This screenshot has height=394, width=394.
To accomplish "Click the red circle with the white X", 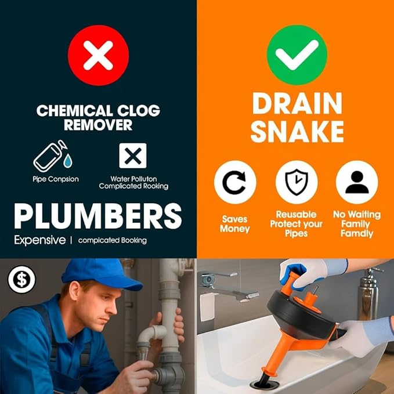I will [98, 56].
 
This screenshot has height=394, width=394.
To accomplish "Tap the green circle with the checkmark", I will [297, 56].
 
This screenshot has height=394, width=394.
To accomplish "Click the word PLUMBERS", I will [98, 216].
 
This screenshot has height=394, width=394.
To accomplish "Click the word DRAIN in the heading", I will [297, 103].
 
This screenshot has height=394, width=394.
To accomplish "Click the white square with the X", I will [133, 155].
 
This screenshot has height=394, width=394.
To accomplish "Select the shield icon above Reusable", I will [296, 182].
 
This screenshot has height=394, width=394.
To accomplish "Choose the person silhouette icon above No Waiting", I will [357, 182].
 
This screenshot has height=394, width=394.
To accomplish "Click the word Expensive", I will [39, 240].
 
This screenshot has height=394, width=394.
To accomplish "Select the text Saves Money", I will [235, 224].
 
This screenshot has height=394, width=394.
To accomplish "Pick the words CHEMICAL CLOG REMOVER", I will [98, 117].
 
